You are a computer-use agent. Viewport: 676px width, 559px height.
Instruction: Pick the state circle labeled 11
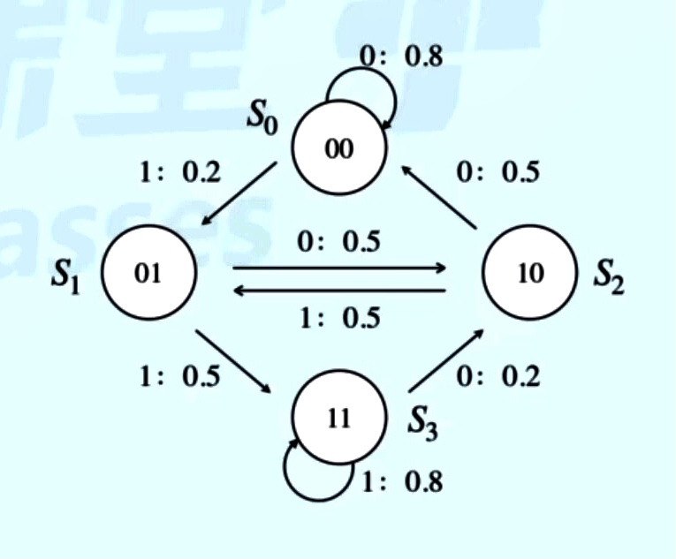click(339, 417)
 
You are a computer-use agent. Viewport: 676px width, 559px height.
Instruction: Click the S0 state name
click(263, 119)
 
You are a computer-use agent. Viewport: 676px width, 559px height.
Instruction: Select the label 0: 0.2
click(498, 377)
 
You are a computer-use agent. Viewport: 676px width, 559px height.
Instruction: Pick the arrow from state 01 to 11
click(234, 362)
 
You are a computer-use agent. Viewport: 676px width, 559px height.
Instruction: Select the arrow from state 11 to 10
click(447, 361)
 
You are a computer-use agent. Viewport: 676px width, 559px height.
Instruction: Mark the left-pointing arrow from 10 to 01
click(339, 289)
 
